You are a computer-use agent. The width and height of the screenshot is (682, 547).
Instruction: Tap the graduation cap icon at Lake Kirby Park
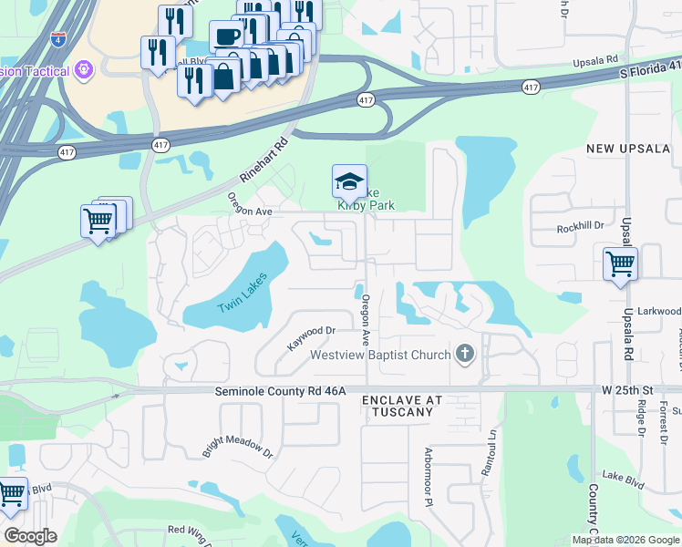pos(349,182)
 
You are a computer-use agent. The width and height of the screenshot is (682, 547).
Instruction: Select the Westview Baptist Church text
pos(380,355)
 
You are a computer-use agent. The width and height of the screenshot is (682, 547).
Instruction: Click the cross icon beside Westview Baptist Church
pos(465,354)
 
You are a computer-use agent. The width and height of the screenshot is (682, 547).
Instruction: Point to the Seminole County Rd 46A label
pos(281,391)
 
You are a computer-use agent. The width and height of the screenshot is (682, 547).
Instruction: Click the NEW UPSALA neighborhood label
pos(628,149)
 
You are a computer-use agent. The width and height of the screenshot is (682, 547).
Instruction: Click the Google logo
pos(30,536)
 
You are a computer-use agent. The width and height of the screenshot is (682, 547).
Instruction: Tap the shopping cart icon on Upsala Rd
pos(620,264)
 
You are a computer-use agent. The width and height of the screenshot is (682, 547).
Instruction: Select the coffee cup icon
pos(226,36)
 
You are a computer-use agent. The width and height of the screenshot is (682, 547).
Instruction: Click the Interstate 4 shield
pos(59,40)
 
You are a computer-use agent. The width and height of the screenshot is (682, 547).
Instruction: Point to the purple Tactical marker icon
pos(84,69)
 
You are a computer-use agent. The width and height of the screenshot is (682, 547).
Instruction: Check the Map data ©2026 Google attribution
pos(625,540)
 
